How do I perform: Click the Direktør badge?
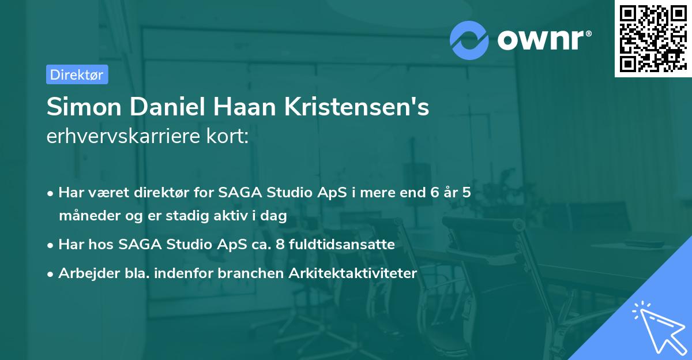(x=77, y=74)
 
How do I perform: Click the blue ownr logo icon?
(x=469, y=40)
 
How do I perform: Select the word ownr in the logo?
(x=542, y=39)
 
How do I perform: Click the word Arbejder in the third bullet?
(x=84, y=273)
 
